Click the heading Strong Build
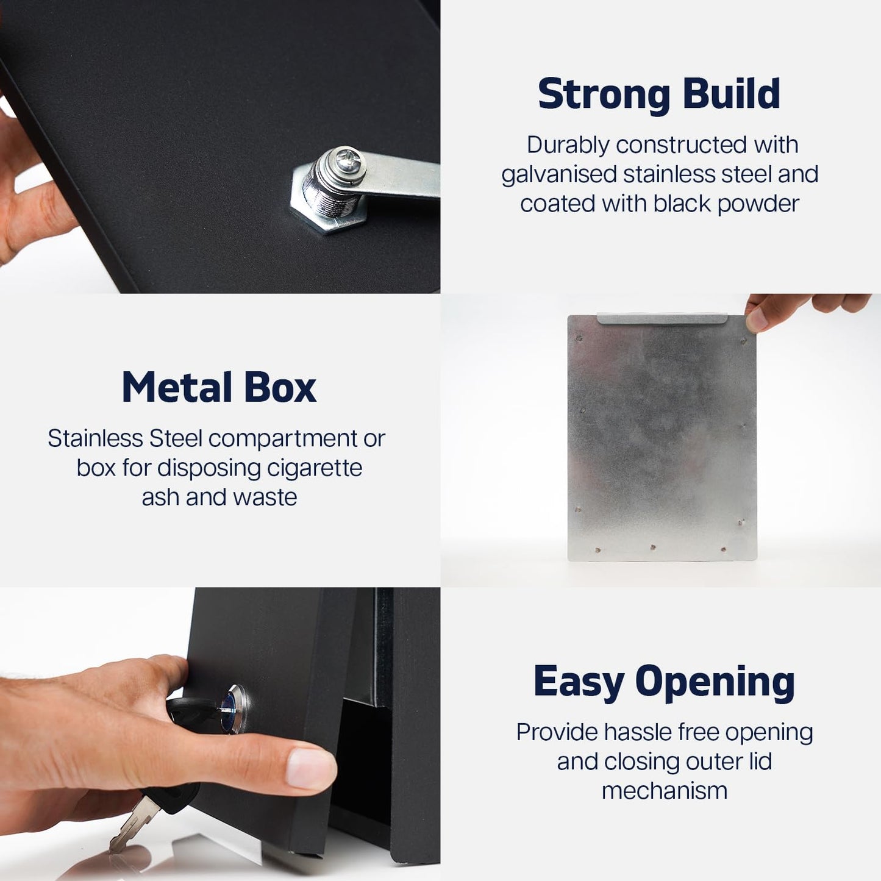[x=659, y=94]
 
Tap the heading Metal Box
[x=219, y=387]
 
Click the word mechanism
[x=665, y=791]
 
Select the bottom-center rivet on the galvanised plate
[x=653, y=547]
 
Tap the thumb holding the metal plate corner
[x=757, y=319]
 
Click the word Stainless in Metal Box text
[x=95, y=438]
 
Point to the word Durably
[x=568, y=146]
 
